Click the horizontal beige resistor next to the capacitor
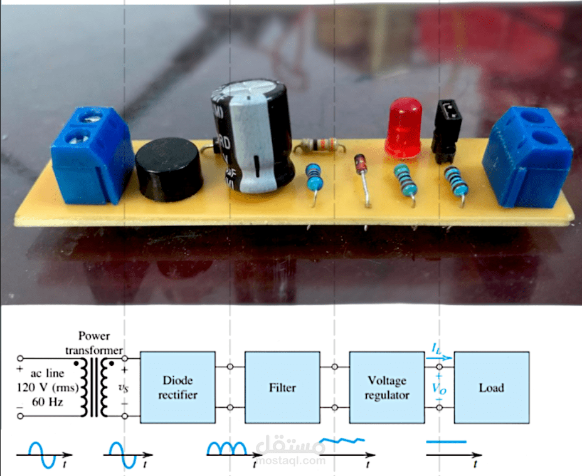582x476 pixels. point(319,145)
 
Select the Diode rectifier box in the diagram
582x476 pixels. point(178,387)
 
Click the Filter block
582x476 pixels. point(282,387)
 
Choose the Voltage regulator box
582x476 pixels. point(386,387)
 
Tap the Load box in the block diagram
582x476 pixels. point(491,387)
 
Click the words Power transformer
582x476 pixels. point(99,342)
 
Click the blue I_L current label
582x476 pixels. point(437,347)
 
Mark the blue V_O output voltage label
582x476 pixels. point(438,387)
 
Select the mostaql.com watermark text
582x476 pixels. point(294,462)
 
